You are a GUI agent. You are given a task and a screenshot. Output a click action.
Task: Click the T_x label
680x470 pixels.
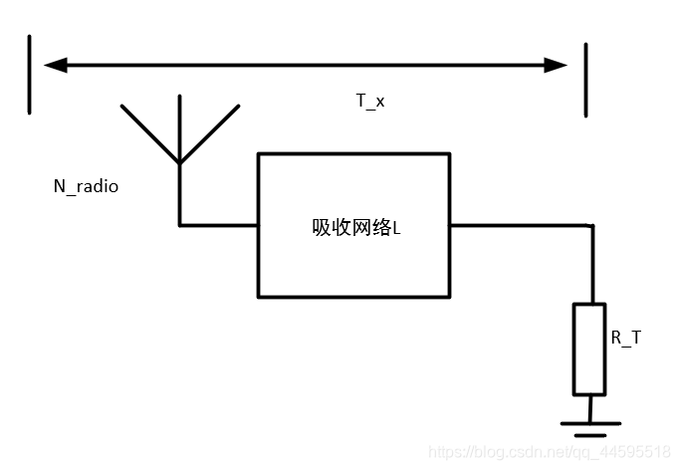370,101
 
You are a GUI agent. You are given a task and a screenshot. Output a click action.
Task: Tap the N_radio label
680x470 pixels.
86,186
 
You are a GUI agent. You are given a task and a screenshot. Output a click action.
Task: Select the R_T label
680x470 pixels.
626,338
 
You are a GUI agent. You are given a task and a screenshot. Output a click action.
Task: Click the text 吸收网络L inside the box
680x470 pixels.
355,227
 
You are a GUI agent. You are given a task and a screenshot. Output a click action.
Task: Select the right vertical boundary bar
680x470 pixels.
585,80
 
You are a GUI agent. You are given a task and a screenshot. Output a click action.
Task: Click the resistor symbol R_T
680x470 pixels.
589,349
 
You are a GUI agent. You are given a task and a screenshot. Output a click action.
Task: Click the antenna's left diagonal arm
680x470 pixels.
150,132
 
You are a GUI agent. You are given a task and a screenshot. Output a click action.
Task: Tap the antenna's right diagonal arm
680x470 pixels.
209,132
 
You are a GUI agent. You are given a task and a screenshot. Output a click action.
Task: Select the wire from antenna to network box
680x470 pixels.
219,225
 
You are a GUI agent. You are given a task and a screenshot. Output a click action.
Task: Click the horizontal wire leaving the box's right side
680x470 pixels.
518,225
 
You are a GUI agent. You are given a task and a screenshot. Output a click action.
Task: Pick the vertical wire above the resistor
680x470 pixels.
591,264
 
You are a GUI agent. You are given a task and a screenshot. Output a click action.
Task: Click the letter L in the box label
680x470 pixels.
396,228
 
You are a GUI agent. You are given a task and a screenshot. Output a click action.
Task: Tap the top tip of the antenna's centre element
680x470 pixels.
180,98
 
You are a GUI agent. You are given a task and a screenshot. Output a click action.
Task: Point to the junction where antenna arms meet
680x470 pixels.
180,161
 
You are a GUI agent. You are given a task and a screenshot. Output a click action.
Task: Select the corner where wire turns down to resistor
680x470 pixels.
591,226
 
